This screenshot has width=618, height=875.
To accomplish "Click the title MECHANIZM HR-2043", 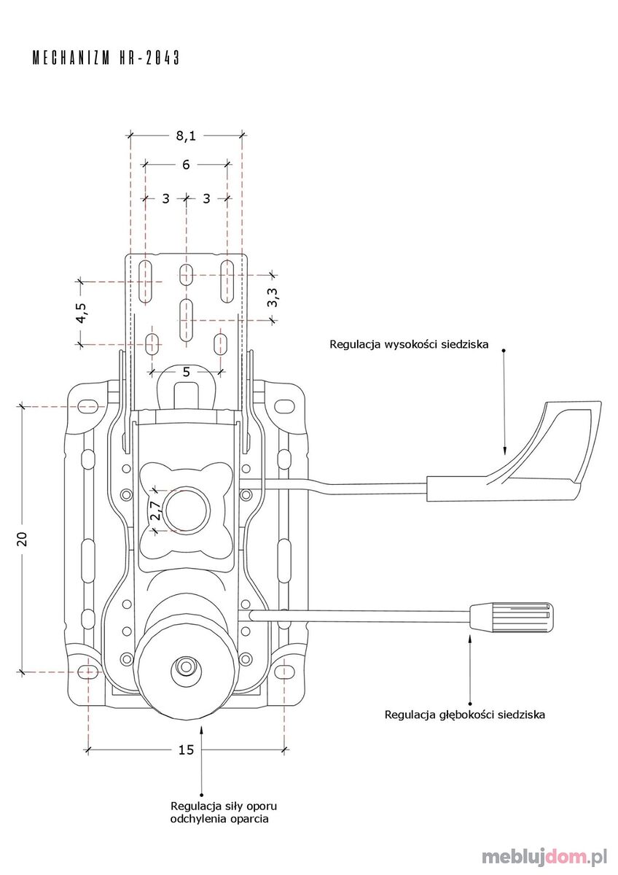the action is (106, 58).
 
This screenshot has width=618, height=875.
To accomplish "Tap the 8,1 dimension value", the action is (186, 136).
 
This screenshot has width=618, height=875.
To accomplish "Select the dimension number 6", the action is (186, 165).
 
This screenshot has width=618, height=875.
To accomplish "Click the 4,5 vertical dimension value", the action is (82, 313).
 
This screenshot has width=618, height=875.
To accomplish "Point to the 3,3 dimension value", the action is (273, 297).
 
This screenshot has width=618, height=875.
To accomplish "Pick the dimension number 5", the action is (187, 372).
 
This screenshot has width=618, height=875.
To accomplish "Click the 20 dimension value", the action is (23, 539).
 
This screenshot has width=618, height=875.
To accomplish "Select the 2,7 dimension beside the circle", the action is (155, 510).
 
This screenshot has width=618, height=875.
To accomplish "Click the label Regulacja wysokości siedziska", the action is (409, 344).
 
